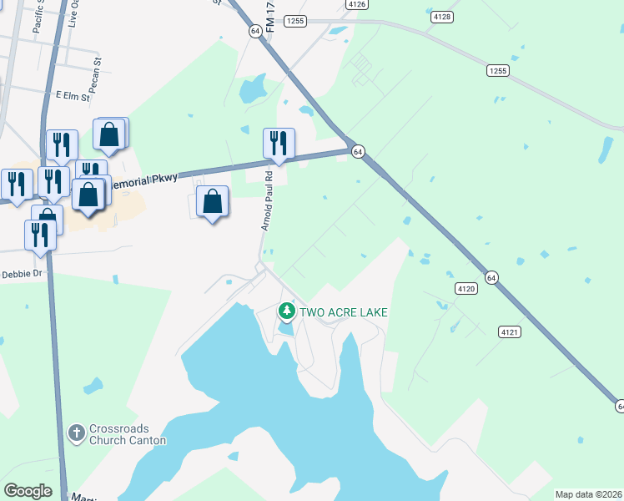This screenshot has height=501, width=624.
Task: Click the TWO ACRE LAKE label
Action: point(345,312)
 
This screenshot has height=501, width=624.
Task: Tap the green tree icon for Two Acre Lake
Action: point(287,312)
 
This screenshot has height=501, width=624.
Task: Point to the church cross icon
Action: point(76,433)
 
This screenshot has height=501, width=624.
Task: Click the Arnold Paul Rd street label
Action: point(267,201)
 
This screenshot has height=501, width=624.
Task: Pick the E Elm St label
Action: point(72,97)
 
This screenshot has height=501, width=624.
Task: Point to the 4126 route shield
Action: point(358,4)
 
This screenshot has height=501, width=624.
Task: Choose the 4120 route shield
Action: point(465,288)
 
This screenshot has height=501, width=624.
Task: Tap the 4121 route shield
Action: point(510,331)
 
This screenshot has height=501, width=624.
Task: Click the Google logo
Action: point(28,491)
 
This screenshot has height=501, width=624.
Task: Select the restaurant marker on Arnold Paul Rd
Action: point(279,143)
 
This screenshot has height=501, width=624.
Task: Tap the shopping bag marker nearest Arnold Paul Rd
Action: point(213,203)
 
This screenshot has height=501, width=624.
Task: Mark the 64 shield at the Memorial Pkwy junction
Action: point(357,151)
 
